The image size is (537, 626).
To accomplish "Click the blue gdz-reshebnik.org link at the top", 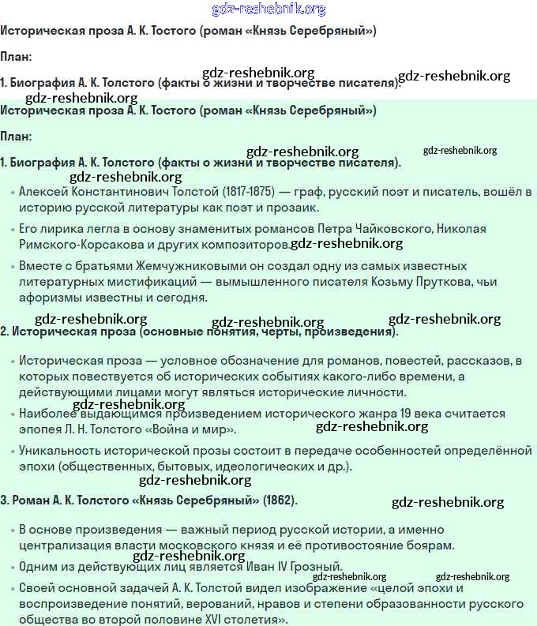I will click(x=268, y=9).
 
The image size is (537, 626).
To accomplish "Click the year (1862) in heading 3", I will click(x=280, y=500).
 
